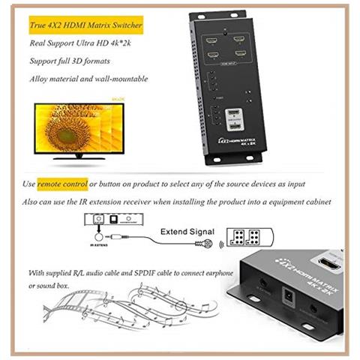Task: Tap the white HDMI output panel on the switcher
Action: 232,121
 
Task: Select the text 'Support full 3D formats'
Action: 68,61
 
